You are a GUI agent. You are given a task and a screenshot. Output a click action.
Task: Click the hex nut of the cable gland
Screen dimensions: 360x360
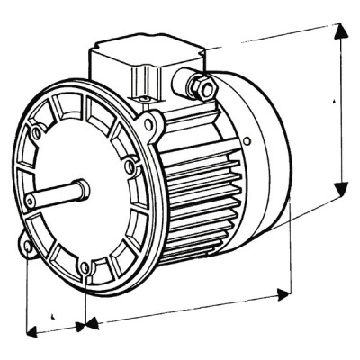tap(200, 86)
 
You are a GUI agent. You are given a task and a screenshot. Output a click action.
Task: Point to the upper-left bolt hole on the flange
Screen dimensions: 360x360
tap(36, 133)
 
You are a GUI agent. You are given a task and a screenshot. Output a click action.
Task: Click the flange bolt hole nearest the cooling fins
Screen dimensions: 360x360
tap(130, 166)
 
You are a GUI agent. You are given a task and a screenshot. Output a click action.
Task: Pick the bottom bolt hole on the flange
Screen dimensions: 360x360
tap(85, 266)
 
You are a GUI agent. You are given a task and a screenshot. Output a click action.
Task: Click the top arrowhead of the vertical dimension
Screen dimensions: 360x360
tap(340, 31)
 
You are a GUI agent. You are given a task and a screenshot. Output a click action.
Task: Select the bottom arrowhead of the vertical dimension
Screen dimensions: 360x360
tap(340, 187)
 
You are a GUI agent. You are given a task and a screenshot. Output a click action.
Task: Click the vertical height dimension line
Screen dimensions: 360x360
tap(340, 108)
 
